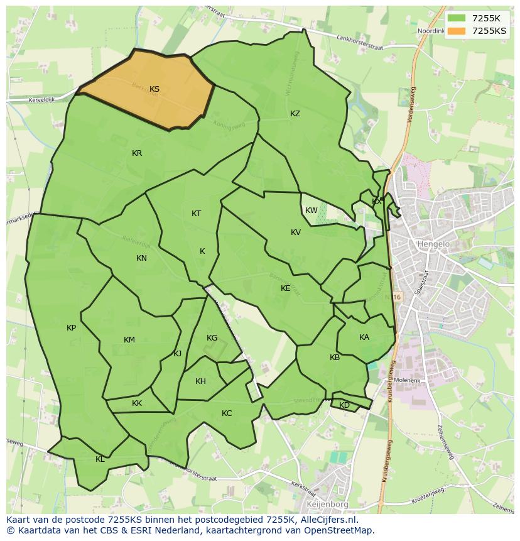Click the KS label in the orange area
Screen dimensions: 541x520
coord(154,89)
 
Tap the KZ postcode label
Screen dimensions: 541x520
coord(295,114)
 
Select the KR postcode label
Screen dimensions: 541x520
coord(137,153)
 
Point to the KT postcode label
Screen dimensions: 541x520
coord(196,214)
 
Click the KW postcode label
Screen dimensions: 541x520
coord(311,210)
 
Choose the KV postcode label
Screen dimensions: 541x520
coord(296,232)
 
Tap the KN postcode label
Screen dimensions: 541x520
coord(141,258)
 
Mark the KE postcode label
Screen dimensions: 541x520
coord(286,288)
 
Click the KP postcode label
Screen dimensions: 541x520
coord(71,328)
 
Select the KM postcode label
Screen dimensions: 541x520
coord(129,340)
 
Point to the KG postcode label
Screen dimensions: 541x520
coord(212,338)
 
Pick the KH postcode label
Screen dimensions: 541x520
coord(200,381)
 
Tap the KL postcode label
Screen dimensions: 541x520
coord(100,459)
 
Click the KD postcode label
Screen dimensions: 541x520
coord(344,405)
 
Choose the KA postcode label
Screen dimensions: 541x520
coord(364,337)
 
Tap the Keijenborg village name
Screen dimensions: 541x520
coord(327,504)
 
